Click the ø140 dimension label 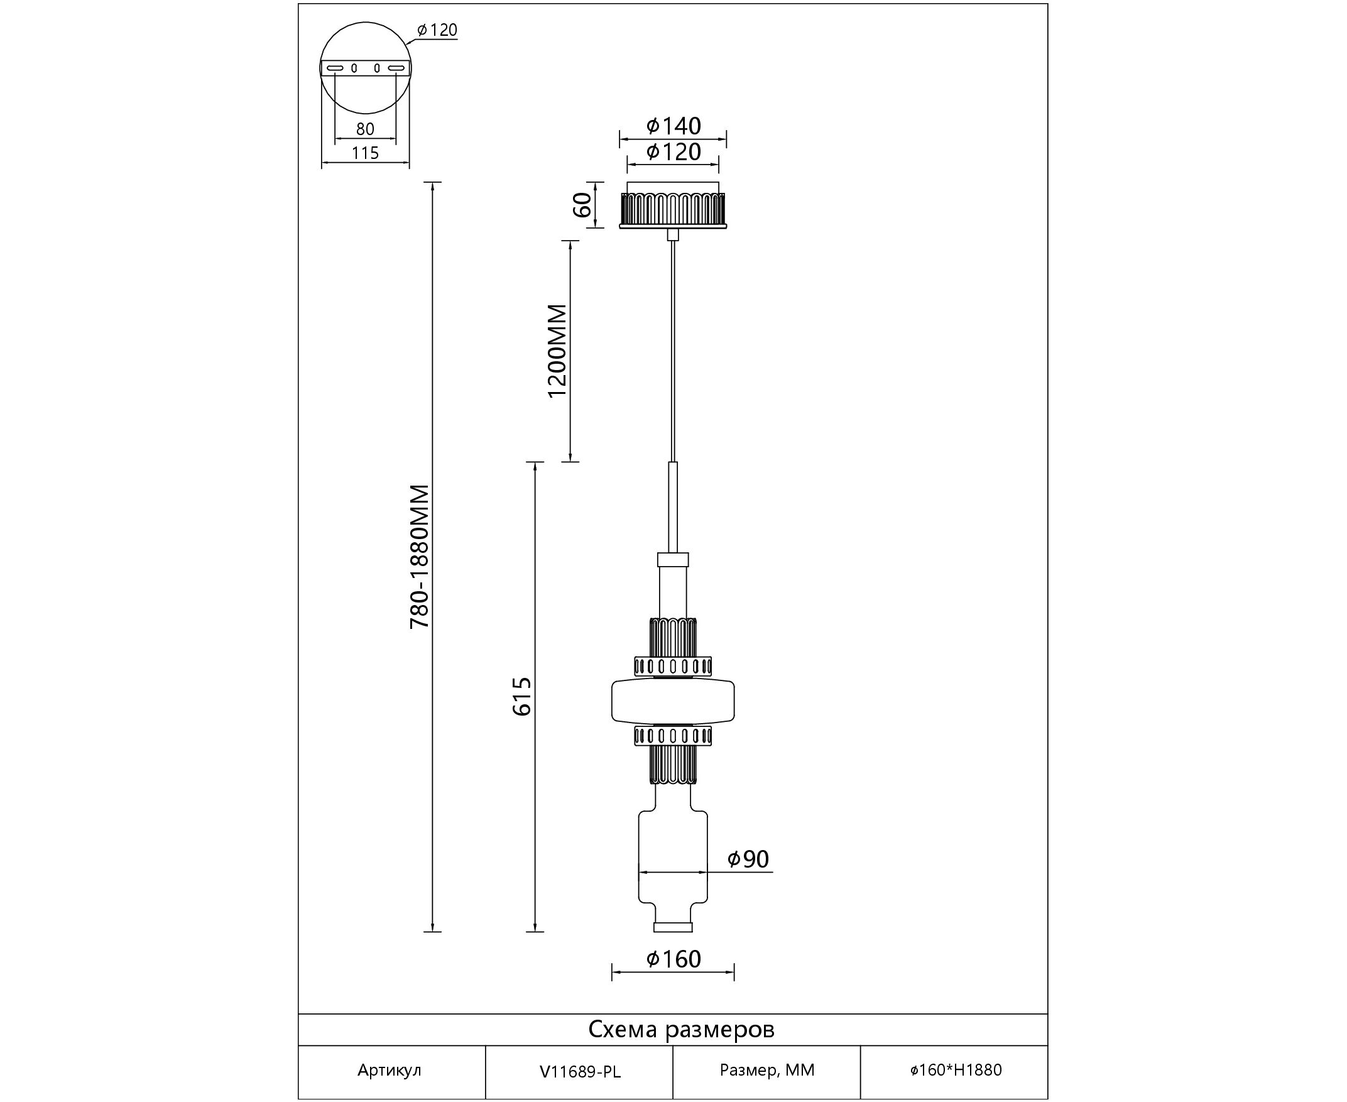(673, 126)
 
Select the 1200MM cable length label (557, 351)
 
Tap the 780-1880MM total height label (420, 557)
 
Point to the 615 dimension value (522, 696)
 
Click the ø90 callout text (748, 859)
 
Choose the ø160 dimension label (673, 959)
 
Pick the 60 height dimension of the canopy (582, 204)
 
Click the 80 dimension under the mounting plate (365, 129)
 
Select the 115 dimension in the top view (365, 153)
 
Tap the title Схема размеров (681, 1030)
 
